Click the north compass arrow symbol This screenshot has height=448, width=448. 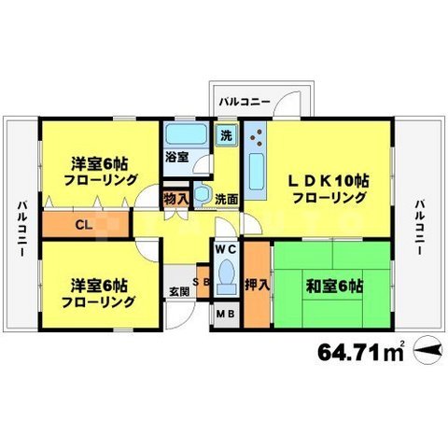pos(425,351)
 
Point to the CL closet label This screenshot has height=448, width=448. pos(83,224)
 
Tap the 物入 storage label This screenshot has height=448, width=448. pos(175,198)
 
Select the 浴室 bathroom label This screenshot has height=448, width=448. pos(177,158)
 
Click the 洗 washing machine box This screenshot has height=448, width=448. pos(226,133)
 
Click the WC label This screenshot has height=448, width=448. pos(227,250)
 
